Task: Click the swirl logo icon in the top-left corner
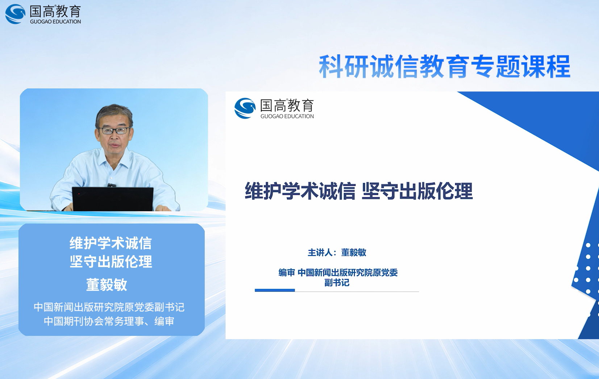[15, 14]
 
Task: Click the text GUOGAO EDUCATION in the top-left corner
[55, 22]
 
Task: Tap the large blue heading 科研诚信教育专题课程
[444, 66]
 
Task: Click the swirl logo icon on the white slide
[245, 108]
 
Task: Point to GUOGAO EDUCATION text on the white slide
[287, 116]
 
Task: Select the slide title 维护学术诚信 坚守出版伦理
[359, 191]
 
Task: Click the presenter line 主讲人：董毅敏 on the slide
[337, 253]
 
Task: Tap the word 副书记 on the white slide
[337, 283]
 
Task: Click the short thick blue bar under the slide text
[275, 290]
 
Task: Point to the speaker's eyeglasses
[114, 130]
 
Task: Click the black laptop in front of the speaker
[113, 199]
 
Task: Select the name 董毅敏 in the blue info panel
[107, 284]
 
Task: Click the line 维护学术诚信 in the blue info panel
[111, 243]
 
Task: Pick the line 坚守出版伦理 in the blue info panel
[111, 261]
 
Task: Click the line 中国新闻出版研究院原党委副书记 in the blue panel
[109, 307]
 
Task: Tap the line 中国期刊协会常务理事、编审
[109, 321]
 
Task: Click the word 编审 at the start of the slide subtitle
[286, 272]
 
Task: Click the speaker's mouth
[115, 145]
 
